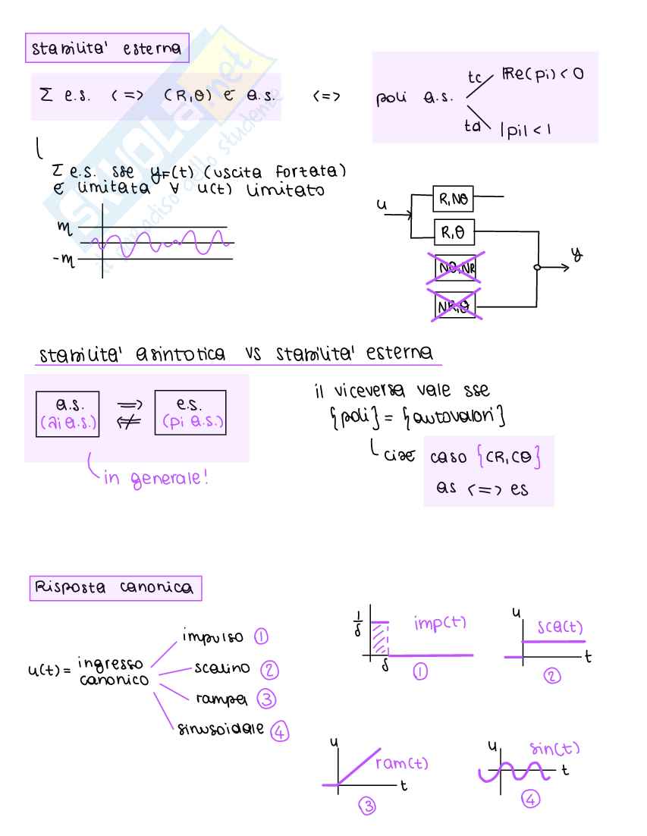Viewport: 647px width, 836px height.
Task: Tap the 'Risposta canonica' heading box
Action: (114, 588)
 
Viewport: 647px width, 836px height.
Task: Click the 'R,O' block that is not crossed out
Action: (454, 231)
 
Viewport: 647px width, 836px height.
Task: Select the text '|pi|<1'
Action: (525, 129)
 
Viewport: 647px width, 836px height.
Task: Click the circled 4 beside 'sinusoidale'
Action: (280, 731)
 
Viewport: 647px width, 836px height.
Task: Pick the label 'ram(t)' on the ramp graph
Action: (402, 763)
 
